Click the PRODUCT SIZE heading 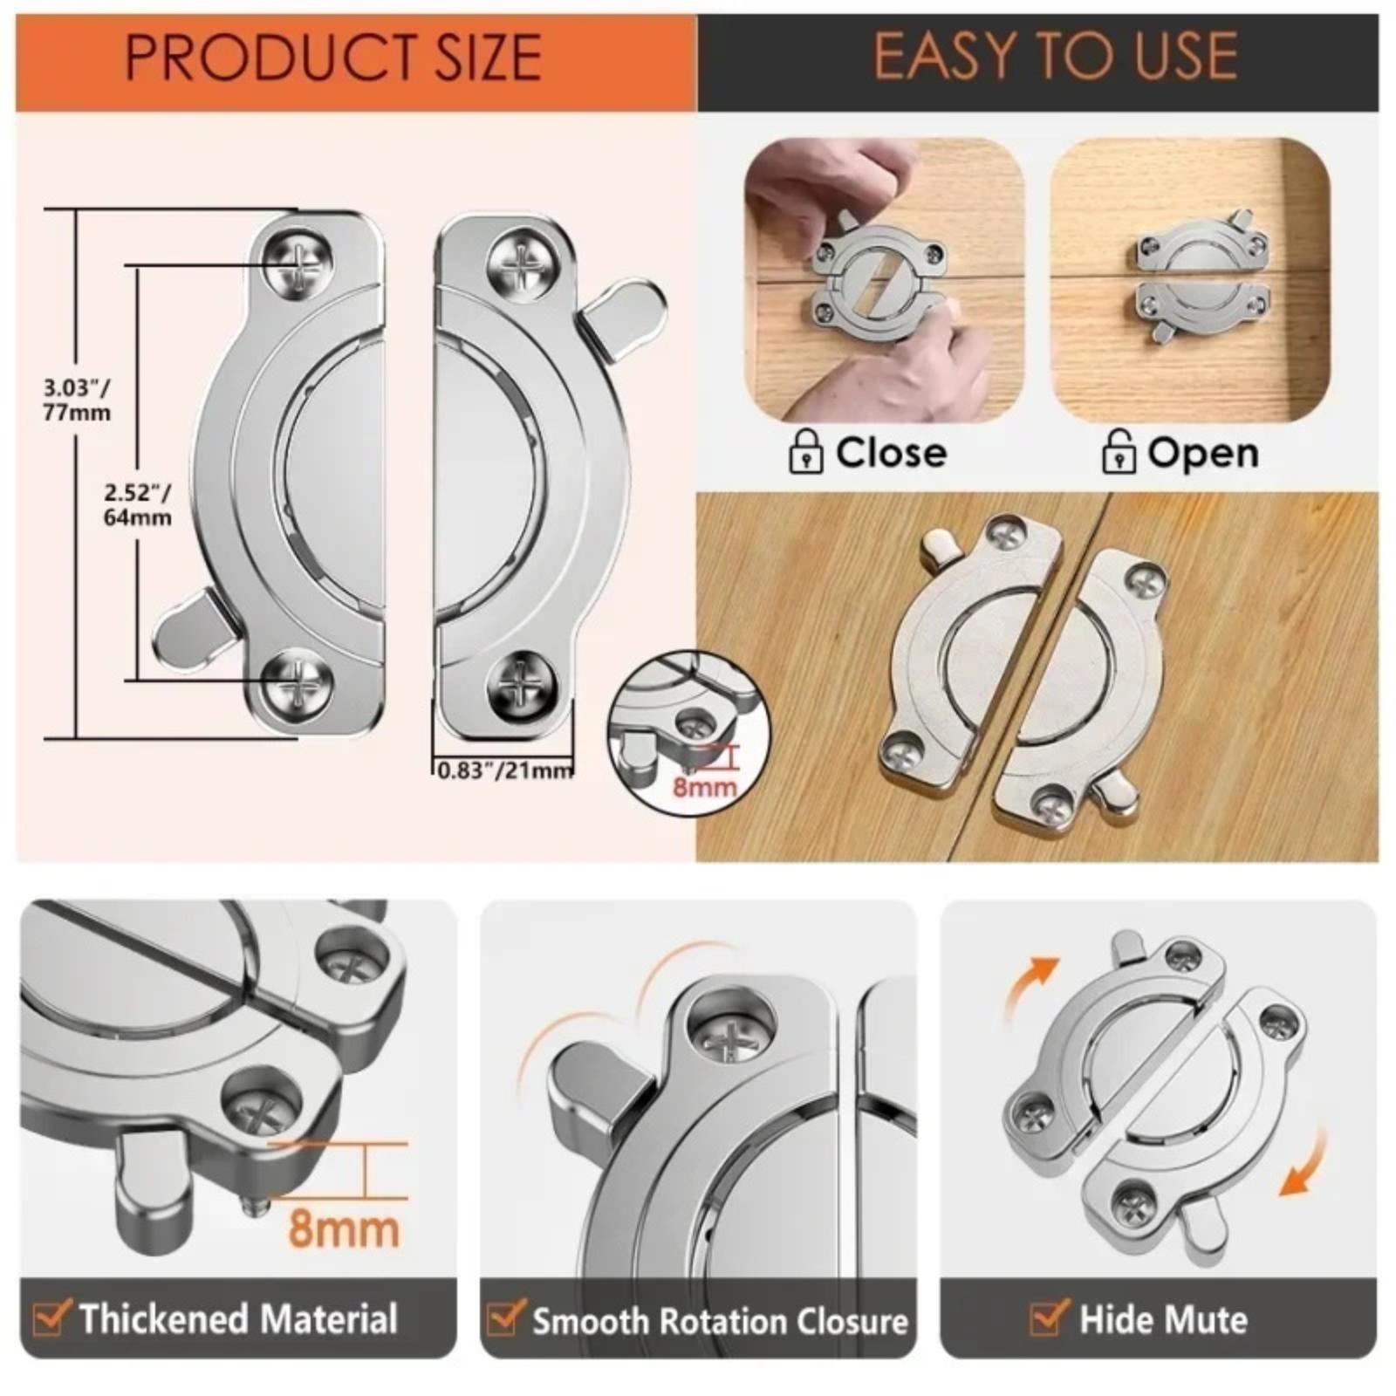click(x=333, y=58)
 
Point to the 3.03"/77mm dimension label click(x=77, y=400)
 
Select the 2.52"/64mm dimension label click(x=137, y=504)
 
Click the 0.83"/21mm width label click(x=505, y=770)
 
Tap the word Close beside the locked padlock click(x=891, y=452)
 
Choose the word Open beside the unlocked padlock click(x=1202, y=453)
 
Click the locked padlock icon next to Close click(x=805, y=452)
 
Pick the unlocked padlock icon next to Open click(x=1118, y=451)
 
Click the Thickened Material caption click(x=238, y=1317)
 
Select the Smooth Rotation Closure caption click(x=720, y=1321)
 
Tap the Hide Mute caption click(x=1163, y=1318)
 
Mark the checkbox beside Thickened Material click(x=51, y=1317)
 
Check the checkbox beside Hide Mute click(x=1049, y=1317)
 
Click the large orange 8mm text click(x=343, y=1228)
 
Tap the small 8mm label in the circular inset click(x=704, y=787)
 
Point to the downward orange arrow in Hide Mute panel click(x=1305, y=1165)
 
